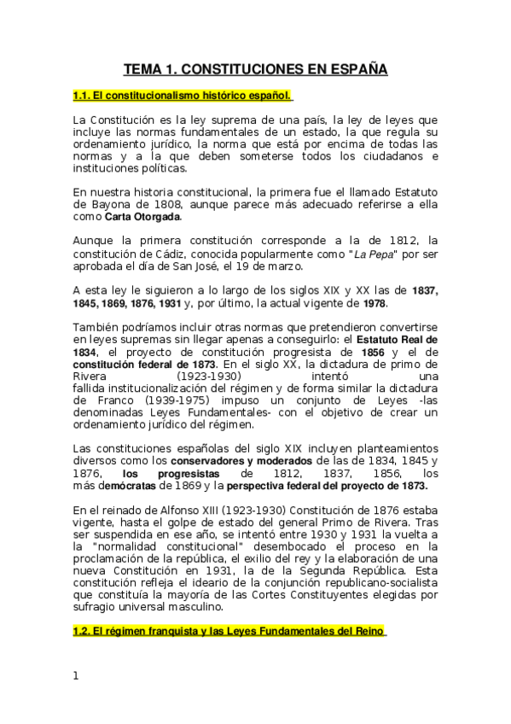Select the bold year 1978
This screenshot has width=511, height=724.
(373, 303)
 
